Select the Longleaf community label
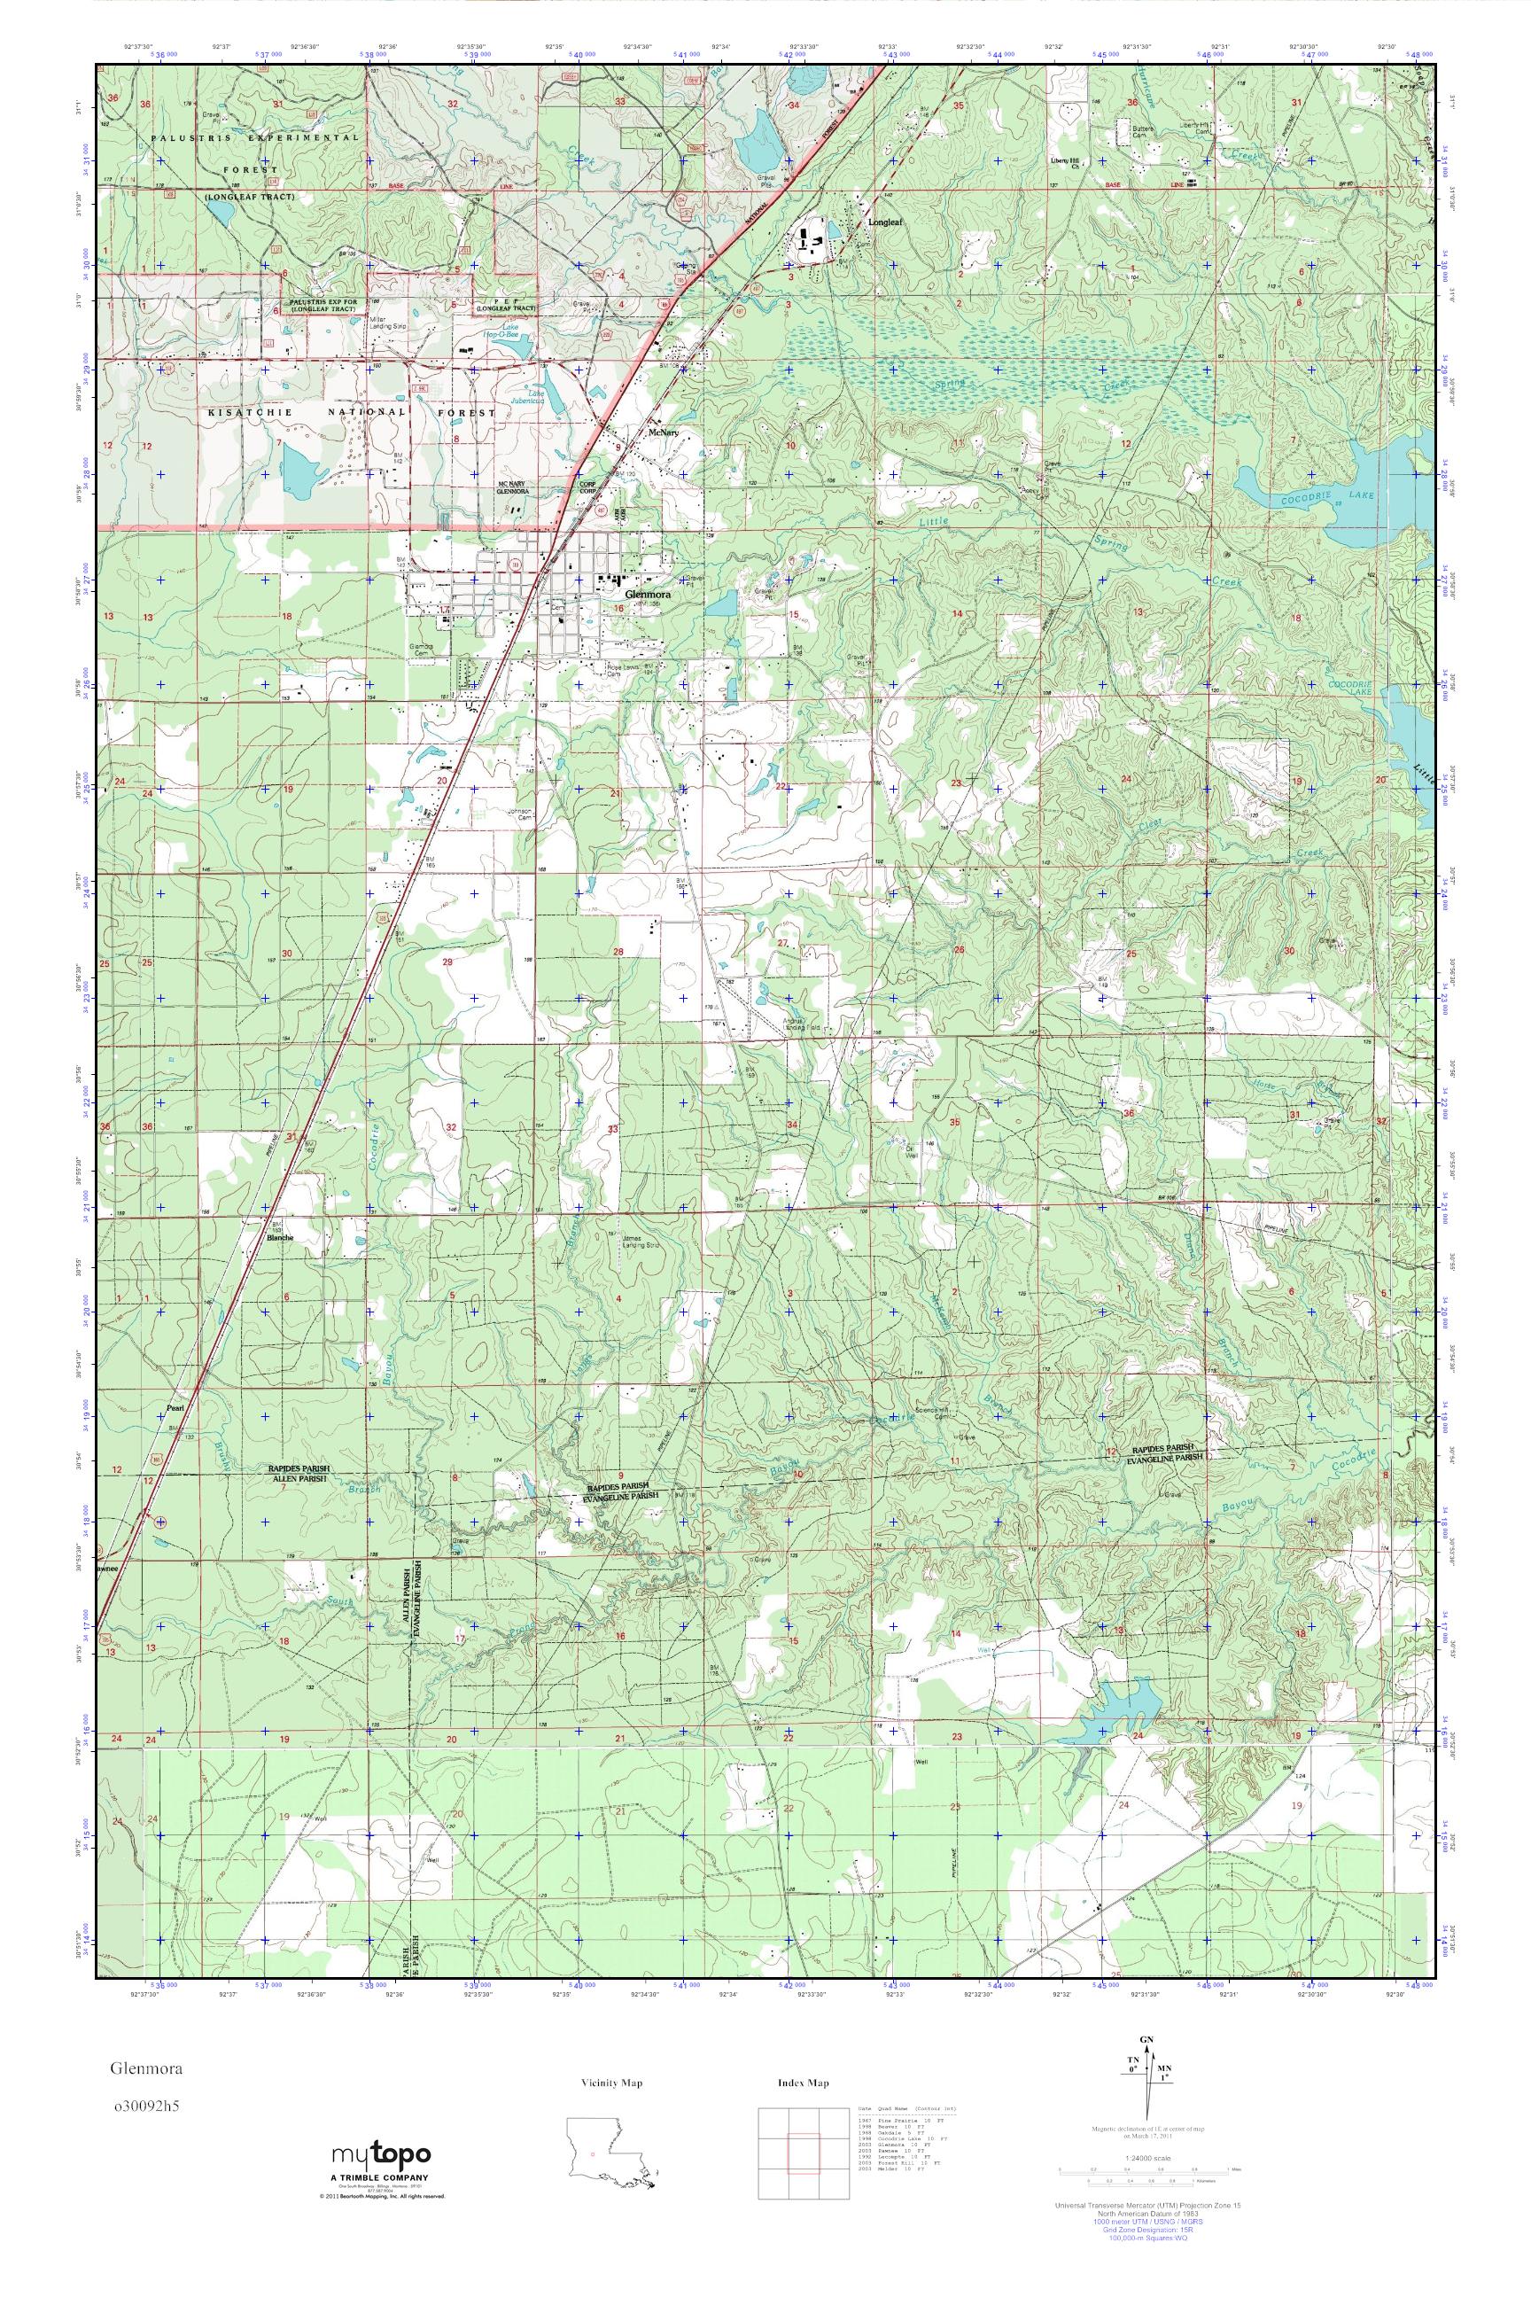coord(886,222)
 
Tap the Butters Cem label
coord(1143,132)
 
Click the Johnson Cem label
coord(521,814)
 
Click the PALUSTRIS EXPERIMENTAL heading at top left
coord(255,138)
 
